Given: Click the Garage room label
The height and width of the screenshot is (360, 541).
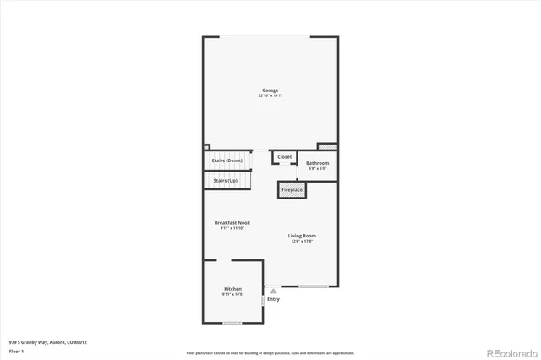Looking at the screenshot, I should pos(270,90).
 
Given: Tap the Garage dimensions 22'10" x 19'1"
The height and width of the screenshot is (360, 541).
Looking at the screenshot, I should pos(270,96).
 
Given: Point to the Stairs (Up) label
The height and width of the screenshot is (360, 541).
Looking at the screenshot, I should pos(226,181).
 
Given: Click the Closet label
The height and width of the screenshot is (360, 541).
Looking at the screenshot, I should pos(285,157).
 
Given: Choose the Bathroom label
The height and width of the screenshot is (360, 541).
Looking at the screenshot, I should pos(317,163).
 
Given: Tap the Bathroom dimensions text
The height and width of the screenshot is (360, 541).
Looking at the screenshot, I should pos(317,169).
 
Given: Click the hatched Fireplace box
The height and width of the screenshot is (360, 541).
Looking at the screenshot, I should pos(291,190).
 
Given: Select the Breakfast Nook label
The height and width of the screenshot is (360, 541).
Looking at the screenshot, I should pos(232,223).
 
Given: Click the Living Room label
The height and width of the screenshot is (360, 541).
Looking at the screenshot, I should pos(302,236).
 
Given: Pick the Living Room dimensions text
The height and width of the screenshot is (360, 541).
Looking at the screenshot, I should pos(302,242).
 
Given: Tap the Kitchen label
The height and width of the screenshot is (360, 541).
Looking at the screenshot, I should pos(232,289).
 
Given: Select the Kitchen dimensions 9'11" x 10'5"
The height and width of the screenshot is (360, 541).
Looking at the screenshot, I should pos(232,295).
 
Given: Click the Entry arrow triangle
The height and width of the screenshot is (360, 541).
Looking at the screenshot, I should pos(273,291).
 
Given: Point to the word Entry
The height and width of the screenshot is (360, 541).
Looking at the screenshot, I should pos(273,299).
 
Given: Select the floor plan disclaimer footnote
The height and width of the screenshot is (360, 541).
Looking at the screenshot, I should pos(270,353).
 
